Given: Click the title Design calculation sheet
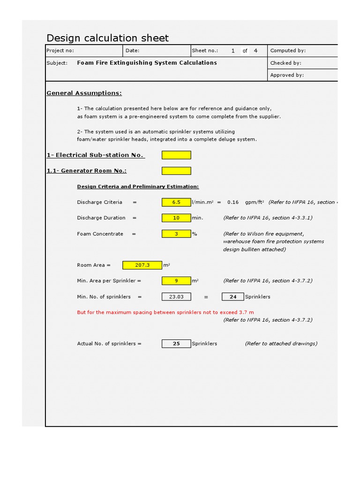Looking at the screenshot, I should pos(107,38).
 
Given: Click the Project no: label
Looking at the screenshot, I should pos(60,51).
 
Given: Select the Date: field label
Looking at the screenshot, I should pos(133,51).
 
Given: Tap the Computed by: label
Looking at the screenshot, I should pos(288,51).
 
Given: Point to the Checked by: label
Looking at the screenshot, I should pos(286,63).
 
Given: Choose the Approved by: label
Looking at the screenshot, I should pos(287,75).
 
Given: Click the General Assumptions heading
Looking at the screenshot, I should pos(84,93).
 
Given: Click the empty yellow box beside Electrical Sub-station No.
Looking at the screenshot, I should pos(176,155).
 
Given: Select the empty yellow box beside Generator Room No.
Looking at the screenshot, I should pos(176,171).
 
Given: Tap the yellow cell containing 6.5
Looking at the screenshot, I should pos(176,202).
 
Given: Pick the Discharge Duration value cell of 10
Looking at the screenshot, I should pos(176,218).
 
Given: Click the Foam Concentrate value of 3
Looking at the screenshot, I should pos(176,234).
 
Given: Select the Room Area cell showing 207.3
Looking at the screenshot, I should pos(142,265).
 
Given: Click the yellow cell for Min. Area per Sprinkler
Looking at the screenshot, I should pos(176,281).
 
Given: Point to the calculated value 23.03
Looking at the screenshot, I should pos(176,297).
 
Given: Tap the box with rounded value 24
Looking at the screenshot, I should pos(232,297).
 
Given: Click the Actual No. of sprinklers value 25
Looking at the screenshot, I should pos(176,344).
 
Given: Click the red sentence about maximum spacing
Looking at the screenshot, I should pos(165,312).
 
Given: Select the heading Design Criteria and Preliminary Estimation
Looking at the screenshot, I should pos(138,187).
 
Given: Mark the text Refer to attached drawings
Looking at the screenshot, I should pos(281,344).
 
